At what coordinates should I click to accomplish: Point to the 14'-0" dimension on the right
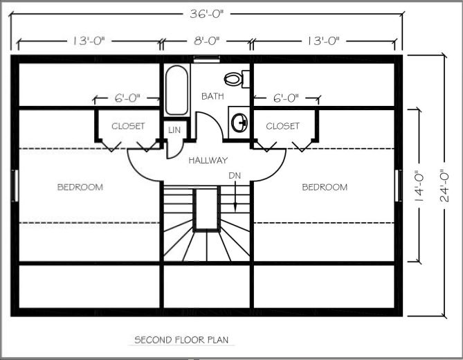pyautogui.click(x=418, y=186)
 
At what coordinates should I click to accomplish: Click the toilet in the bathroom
pyautogui.click(x=234, y=79)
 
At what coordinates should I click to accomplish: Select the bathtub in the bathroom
pyautogui.click(x=176, y=90)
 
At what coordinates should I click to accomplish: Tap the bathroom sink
pyautogui.click(x=239, y=123)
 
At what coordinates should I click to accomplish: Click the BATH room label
pyautogui.click(x=212, y=96)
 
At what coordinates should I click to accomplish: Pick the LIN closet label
pyautogui.click(x=173, y=129)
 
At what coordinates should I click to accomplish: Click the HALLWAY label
pyautogui.click(x=208, y=161)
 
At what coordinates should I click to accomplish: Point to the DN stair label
pyautogui.click(x=235, y=176)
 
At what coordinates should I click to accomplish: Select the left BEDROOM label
pyautogui.click(x=80, y=187)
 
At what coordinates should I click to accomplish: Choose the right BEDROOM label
pyautogui.click(x=324, y=187)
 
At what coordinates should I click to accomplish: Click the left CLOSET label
pyautogui.click(x=128, y=126)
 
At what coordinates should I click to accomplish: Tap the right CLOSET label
pyautogui.click(x=282, y=126)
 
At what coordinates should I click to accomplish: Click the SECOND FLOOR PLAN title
pyautogui.click(x=181, y=340)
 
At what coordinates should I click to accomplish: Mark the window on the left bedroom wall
pyautogui.click(x=14, y=185)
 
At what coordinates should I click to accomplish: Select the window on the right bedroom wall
pyautogui.click(x=398, y=185)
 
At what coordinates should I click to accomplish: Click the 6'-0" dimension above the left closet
pyautogui.click(x=127, y=98)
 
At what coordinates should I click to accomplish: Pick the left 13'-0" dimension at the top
pyautogui.click(x=87, y=41)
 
